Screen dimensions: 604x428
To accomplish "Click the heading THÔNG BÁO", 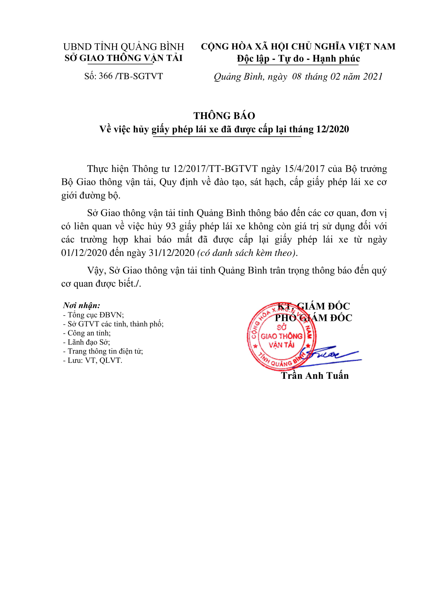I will (x=224, y=116).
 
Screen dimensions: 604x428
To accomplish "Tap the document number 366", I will (x=105, y=76).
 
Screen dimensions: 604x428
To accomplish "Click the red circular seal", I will (x=281, y=336).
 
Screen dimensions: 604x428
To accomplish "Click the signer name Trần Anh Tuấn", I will (x=315, y=376).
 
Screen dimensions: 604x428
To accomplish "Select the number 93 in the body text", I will (x=171, y=226).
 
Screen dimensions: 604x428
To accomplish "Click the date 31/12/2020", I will (x=172, y=253).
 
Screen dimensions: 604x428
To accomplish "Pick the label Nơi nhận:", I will (x=82, y=305).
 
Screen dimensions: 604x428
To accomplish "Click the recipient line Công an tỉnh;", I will (x=87, y=333).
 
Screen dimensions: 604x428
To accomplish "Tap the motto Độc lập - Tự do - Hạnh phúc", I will (x=298, y=58).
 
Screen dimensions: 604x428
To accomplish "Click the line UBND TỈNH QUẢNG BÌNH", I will (x=124, y=47).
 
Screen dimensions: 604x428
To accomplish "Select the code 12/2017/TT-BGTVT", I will (x=215, y=169).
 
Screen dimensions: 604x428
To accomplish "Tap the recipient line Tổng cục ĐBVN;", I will (x=93, y=315).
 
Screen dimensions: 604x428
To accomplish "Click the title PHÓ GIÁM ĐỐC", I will (x=313, y=318).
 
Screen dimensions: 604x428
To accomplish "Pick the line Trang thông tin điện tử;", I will (x=103, y=351).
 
